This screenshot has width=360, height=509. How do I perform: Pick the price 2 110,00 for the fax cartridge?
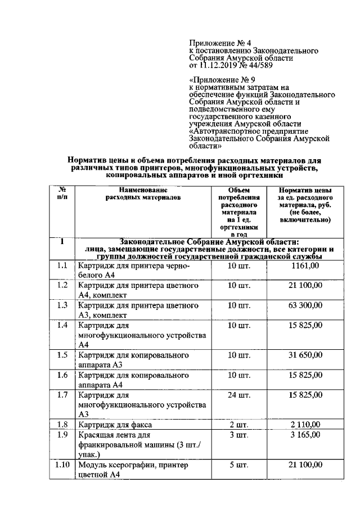coord(306,424)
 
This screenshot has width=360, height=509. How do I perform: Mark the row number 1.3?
coord(62,305)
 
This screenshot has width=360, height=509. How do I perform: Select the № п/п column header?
coord(62,194)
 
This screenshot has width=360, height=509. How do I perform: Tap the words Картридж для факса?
coord(115,425)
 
